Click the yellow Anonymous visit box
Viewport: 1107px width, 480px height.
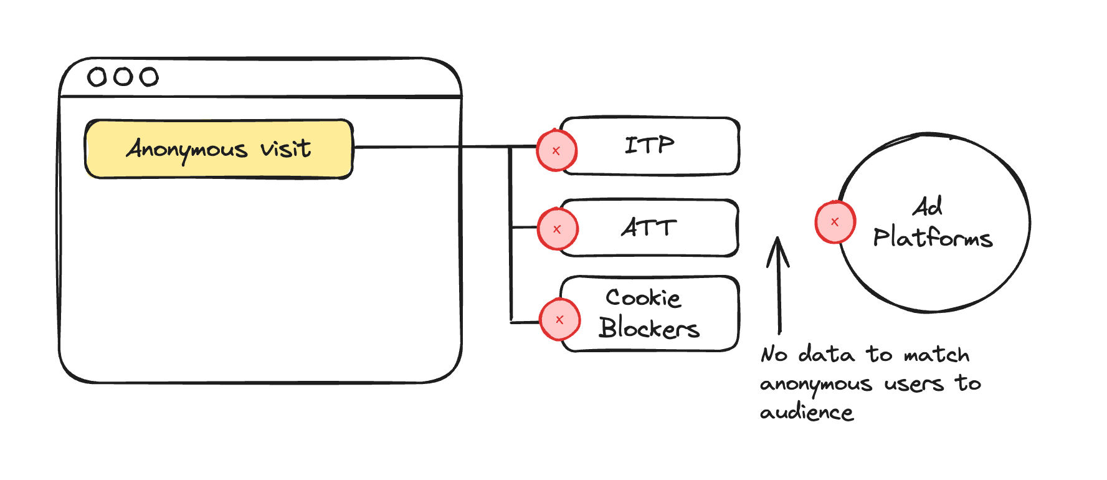click(219, 149)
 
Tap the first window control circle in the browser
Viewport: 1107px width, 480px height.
click(97, 77)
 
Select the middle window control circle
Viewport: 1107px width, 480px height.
click(123, 77)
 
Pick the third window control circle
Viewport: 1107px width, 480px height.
click(149, 77)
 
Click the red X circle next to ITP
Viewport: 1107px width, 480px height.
click(556, 151)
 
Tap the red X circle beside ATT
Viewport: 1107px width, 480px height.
click(557, 229)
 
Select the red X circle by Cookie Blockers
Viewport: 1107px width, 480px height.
click(559, 320)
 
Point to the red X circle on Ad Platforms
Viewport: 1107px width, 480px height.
click(835, 222)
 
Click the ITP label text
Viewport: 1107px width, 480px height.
click(649, 146)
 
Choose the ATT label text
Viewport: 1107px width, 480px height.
click(649, 228)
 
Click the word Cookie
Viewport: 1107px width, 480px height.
click(643, 298)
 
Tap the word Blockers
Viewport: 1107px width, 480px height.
click(649, 328)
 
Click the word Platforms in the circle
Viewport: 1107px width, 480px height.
click(932, 238)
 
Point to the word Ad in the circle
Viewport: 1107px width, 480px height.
click(927, 207)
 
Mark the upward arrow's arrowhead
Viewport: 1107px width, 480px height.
click(777, 249)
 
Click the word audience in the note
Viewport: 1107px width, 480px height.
click(806, 413)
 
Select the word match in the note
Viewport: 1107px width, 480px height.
click(936, 355)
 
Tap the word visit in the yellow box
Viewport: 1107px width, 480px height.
click(285, 148)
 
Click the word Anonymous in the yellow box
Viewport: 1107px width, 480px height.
click(187, 150)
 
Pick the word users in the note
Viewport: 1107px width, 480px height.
click(913, 384)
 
